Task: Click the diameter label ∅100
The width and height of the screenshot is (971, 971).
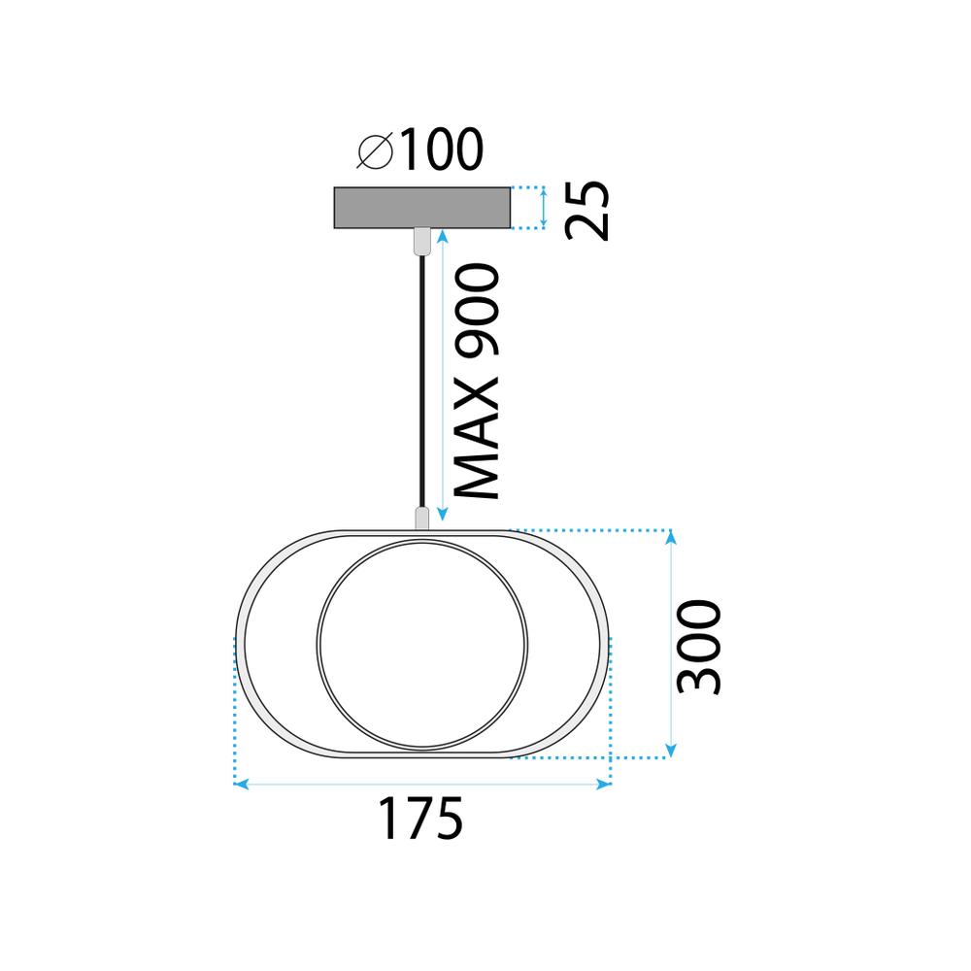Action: (x=419, y=151)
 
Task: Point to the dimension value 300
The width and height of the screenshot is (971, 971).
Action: (x=699, y=647)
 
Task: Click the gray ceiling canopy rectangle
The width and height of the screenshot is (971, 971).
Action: (x=420, y=208)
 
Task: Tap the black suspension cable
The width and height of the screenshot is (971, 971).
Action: (x=420, y=379)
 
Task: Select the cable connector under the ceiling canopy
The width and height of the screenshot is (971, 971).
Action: (x=420, y=241)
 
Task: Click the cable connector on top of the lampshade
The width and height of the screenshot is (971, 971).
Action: (x=421, y=518)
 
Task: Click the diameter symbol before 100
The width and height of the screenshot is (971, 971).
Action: (x=374, y=151)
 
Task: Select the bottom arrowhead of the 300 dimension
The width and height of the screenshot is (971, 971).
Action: (x=671, y=751)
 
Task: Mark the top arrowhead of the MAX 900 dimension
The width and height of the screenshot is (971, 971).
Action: (x=443, y=236)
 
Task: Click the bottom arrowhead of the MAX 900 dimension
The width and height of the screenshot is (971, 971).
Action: (x=443, y=515)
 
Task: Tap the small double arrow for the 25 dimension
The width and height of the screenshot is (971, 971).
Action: (x=544, y=208)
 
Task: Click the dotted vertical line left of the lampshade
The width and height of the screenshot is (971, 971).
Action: (x=235, y=709)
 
